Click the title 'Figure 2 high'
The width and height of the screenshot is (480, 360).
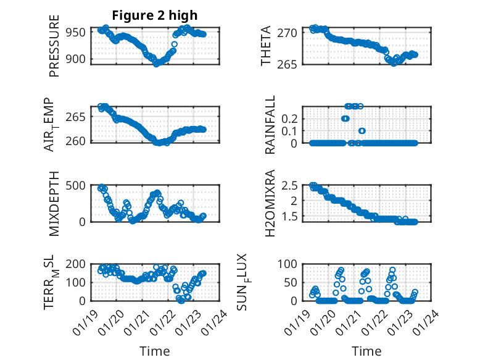pyautogui.click(x=154, y=15)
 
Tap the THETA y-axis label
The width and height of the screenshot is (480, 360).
pyautogui.click(x=266, y=47)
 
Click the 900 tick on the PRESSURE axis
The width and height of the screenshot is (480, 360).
pyautogui.click(x=80, y=59)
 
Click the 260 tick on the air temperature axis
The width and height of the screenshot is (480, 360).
pyautogui.click(x=80, y=141)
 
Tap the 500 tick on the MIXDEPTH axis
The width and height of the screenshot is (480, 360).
pyautogui.click(x=80, y=185)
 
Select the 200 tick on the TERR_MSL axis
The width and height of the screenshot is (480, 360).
pyautogui.click(x=80, y=264)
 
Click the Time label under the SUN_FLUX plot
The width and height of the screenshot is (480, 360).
pyautogui.click(x=366, y=351)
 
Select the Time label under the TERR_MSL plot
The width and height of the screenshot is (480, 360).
pyautogui.click(x=155, y=351)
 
